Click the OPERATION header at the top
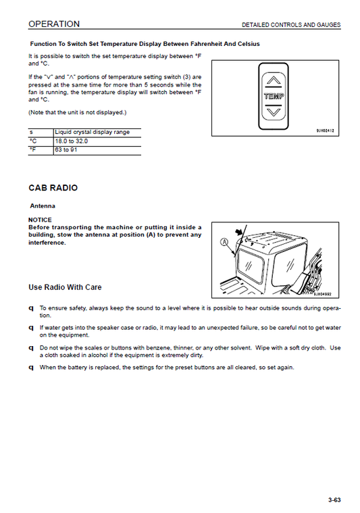54,24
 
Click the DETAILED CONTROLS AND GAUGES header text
291,25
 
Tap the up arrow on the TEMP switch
274,80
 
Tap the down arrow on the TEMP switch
274,112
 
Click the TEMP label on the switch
274,96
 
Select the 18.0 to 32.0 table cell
72,141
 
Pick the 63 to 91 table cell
66,150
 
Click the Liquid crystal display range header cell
93,132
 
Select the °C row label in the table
33,141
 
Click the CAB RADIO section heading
53,188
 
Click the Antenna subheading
43,205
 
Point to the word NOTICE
40,220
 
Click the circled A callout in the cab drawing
224,242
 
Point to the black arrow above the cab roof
240,232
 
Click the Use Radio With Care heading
65,287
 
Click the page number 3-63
334,500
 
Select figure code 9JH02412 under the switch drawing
325,131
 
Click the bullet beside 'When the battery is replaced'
31,368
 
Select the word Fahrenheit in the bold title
206,44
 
